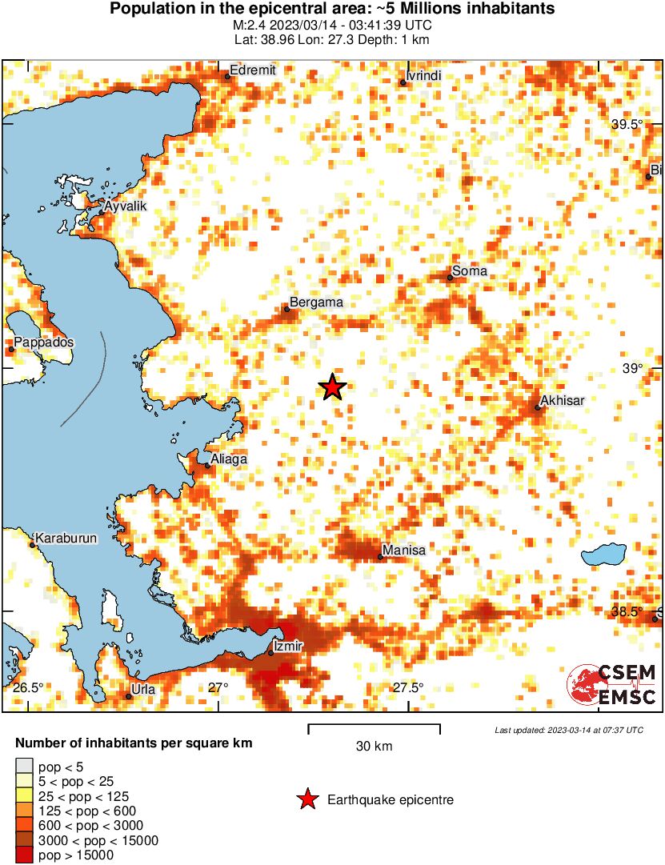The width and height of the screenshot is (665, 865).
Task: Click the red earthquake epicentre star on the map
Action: point(332,387)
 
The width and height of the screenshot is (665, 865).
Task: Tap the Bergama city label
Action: point(315,302)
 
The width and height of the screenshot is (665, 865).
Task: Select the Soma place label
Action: point(469,271)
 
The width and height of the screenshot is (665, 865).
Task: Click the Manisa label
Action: point(404,551)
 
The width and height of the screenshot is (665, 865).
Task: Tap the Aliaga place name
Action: point(228,459)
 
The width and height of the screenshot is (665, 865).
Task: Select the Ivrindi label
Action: point(424,75)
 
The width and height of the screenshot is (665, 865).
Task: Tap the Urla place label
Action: point(144,689)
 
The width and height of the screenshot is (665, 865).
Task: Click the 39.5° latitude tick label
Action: point(627,125)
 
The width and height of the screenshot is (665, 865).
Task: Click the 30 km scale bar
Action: point(374,727)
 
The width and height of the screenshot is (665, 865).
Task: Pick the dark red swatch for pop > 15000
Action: point(25,855)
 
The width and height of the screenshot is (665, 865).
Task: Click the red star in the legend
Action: point(306,799)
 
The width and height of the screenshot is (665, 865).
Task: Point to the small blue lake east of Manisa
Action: point(603,554)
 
